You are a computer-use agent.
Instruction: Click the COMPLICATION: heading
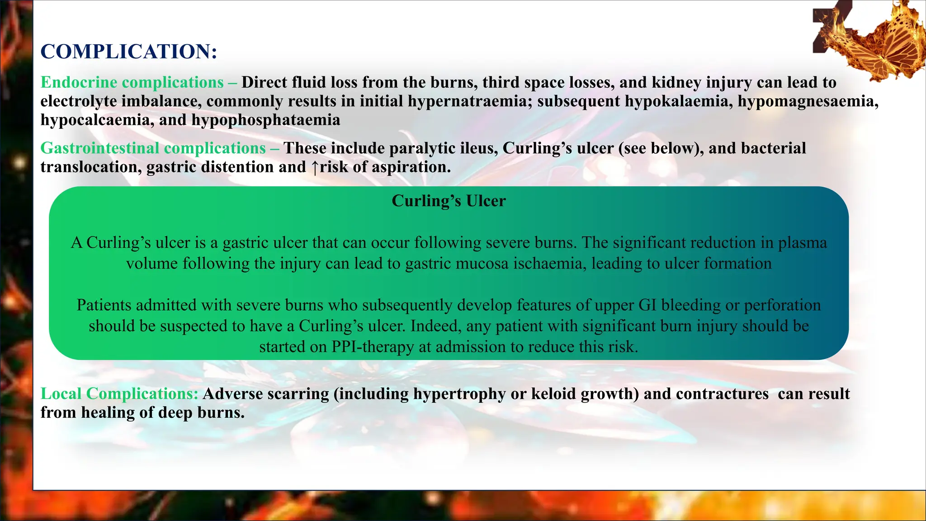click(x=129, y=52)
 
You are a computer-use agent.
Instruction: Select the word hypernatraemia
click(x=470, y=101)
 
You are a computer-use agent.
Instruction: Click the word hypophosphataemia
click(x=266, y=120)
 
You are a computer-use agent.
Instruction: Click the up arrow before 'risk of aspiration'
click(x=315, y=167)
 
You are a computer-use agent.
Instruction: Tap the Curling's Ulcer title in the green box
click(x=449, y=201)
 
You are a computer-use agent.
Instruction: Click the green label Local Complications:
click(x=119, y=394)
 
